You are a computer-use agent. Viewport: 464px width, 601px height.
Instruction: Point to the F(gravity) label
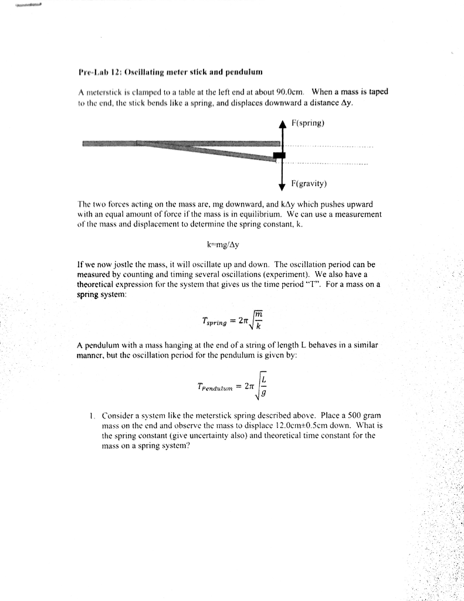[x=309, y=184]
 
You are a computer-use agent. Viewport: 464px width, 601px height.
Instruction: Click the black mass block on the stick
[x=279, y=155]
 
